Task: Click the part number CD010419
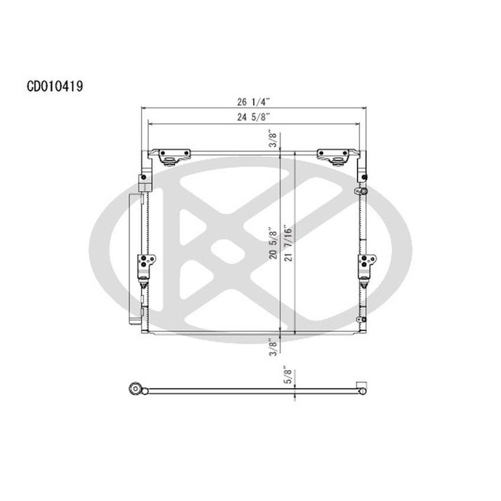54,87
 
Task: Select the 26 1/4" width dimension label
253,101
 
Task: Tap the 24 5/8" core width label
253,117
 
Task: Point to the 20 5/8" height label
271,241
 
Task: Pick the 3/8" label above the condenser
271,139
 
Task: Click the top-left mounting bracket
174,157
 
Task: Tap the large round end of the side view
136,388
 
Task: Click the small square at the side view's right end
363,387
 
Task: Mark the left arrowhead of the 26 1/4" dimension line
143,108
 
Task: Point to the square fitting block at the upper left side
143,178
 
